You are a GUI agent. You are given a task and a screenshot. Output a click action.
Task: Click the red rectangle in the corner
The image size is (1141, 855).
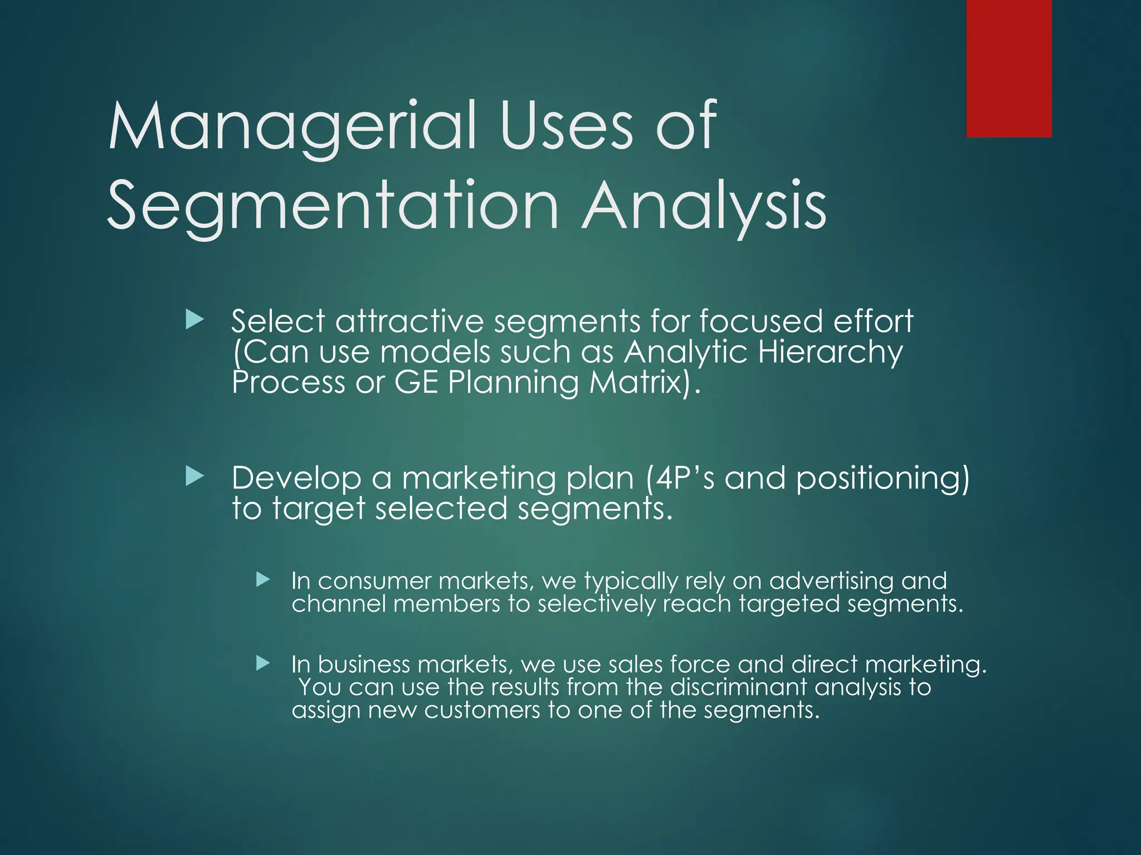tap(1008, 68)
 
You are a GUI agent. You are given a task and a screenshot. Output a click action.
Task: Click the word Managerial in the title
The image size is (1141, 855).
tap(292, 126)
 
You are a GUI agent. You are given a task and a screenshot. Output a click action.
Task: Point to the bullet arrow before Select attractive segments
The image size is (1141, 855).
tap(194, 320)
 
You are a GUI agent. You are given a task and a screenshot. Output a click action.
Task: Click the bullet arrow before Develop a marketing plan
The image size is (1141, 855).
tap(194, 476)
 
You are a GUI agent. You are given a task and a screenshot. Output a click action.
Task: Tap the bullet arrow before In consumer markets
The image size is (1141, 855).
tap(263, 580)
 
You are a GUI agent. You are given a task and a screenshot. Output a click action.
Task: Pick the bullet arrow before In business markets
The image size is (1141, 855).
tap(263, 663)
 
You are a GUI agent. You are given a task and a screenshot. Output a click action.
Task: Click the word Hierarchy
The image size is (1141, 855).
tap(830, 353)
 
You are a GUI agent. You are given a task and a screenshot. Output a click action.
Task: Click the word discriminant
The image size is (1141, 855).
tap(738, 687)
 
